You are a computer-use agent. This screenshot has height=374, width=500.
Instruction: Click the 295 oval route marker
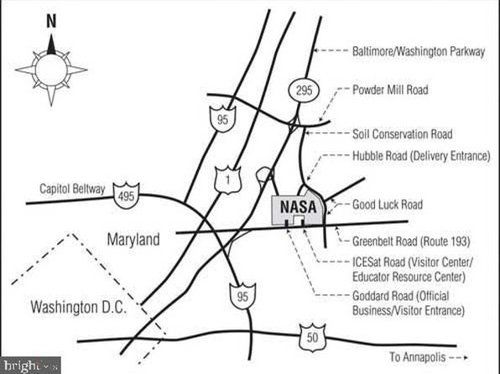304,91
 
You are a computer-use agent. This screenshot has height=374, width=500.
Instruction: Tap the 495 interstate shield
127,195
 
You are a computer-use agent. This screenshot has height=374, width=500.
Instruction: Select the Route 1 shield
227,179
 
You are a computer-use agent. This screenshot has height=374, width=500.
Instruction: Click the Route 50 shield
312,337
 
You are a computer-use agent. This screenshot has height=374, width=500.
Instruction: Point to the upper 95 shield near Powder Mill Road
222,119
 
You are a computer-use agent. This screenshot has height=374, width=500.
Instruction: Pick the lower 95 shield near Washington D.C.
242,296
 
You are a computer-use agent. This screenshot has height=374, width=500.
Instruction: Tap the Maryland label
133,239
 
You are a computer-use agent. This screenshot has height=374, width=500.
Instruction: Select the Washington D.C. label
79,308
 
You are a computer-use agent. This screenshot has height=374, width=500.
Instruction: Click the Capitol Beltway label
72,189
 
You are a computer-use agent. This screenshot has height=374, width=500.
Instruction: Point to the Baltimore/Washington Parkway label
419,51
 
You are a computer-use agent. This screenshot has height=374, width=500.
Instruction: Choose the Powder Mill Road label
390,90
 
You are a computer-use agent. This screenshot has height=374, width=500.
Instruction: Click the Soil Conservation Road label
402,134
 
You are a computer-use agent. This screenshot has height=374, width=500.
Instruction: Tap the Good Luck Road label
388,205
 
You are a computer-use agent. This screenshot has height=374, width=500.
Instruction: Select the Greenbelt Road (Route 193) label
411,242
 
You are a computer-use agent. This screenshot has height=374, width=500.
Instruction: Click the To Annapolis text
418,356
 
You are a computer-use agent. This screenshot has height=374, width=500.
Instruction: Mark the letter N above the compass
51,21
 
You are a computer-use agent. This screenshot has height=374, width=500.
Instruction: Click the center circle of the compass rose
51,70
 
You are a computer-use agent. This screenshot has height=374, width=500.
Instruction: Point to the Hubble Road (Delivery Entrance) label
421,156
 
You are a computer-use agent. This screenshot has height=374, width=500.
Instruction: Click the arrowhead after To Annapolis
466,358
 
